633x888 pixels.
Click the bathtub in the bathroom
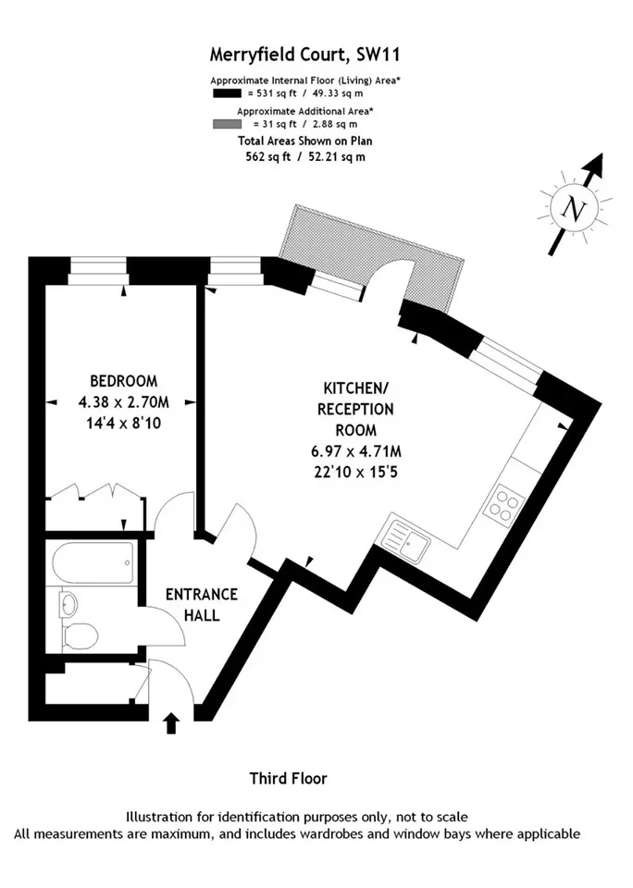tap(93, 563)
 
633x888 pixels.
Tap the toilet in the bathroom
tap(80, 636)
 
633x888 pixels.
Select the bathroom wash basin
tap(68, 604)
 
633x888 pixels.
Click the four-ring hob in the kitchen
tap(503, 503)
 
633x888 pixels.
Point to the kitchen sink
tap(407, 538)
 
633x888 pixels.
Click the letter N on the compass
tap(573, 210)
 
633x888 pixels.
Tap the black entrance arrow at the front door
tap(172, 723)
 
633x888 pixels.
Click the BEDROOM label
tap(123, 381)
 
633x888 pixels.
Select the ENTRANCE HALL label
tap(201, 604)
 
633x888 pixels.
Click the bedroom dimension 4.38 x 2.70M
tap(123, 402)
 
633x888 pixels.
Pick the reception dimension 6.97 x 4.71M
tap(356, 451)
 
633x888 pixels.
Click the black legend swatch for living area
tap(228, 93)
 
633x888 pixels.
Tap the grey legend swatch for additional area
tap(228, 124)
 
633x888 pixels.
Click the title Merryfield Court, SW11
tap(304, 55)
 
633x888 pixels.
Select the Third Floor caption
tap(289, 779)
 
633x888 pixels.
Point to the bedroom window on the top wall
tap(98, 271)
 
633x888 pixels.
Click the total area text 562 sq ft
tap(268, 157)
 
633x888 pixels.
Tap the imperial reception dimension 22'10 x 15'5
tap(356, 472)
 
